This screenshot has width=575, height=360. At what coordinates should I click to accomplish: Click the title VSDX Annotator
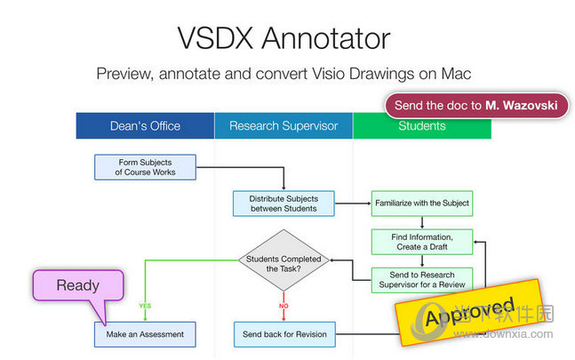tap(284, 38)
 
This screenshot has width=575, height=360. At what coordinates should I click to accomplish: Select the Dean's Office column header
tap(145, 125)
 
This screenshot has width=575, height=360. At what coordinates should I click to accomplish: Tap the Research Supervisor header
tap(284, 125)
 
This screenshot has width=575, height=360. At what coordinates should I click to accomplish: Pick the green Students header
tap(421, 125)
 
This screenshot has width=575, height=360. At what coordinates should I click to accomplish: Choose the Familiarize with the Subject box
tap(421, 204)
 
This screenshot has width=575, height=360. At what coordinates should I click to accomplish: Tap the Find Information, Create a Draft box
tap(421, 241)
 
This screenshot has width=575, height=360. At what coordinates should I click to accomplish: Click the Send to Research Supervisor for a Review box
tap(421, 279)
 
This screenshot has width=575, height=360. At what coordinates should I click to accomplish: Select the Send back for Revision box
tap(284, 334)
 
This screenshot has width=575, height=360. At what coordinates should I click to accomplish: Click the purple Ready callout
tap(77, 287)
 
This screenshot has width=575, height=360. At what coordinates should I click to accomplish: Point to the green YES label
tap(144, 306)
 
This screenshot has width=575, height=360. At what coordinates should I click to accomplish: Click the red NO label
tap(284, 306)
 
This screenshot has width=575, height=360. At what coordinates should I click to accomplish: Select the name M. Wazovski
tap(522, 105)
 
